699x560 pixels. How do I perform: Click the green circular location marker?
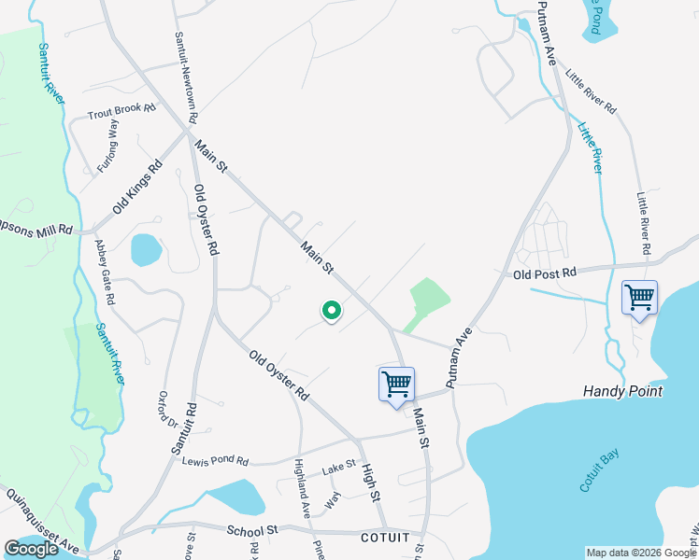click(330, 312)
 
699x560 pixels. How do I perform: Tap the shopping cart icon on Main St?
click(396, 385)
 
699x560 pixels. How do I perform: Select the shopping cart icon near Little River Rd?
click(639, 299)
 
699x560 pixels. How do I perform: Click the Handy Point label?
click(622, 391)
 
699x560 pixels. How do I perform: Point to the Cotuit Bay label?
click(599, 469)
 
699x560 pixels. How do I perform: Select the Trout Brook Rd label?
click(121, 111)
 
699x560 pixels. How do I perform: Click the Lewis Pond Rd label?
click(216, 461)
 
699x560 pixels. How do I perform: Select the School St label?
click(253, 530)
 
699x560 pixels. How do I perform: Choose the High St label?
click(371, 481)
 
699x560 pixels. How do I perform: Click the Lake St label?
click(339, 465)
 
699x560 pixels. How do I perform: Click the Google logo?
click(31, 549)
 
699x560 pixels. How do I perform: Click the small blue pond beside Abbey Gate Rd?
click(147, 249)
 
